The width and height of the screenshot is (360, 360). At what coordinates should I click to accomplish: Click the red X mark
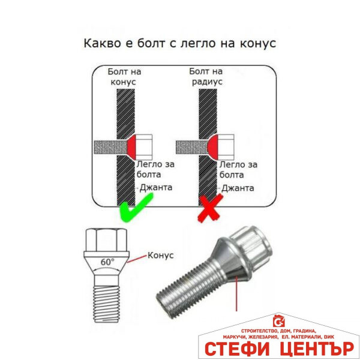(x=210, y=211)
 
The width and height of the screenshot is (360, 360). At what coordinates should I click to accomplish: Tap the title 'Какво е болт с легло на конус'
(x=179, y=44)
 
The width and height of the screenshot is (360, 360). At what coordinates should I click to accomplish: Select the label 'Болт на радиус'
(x=206, y=76)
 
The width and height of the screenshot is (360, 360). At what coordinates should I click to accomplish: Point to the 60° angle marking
(x=107, y=262)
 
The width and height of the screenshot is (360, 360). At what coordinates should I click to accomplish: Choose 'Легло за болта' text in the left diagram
(x=155, y=169)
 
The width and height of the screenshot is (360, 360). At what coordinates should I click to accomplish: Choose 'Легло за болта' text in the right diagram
(x=238, y=169)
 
